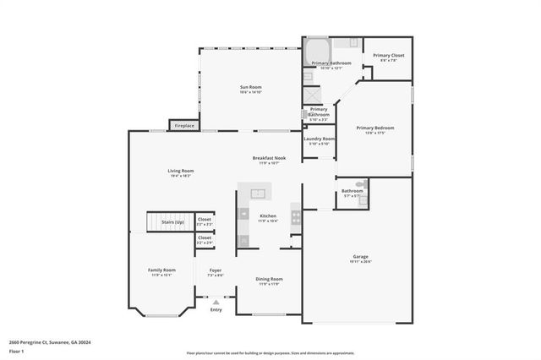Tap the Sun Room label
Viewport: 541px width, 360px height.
coord(251,88)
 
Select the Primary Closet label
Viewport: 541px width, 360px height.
coord(391,57)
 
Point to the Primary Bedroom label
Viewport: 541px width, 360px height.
coord(374,129)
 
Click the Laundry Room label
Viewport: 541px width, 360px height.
coord(320,140)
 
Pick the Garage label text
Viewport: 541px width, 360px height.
coord(360,258)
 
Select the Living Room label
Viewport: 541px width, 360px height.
coord(181,172)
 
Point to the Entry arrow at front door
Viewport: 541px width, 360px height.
coord(216,301)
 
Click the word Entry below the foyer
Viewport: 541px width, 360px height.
coord(216,309)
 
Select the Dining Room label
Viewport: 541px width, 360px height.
coord(270,280)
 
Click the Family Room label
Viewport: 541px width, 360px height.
coord(161,271)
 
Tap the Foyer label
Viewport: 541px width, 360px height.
coord(216,272)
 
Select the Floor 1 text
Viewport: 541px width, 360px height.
coord(17,351)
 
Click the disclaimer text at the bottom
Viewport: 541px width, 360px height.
coord(270,353)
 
